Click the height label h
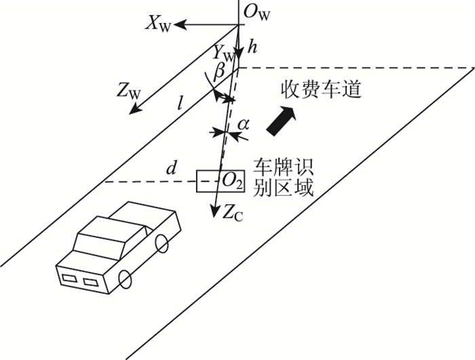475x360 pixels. tap(252, 48)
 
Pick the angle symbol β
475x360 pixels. tap(219, 71)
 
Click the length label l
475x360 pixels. tap(179, 103)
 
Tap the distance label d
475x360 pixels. tap(172, 167)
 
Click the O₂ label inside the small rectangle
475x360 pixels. tap(231, 180)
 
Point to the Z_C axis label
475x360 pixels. tap(233, 212)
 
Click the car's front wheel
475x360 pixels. tap(126, 277)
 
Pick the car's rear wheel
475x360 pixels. tap(161, 242)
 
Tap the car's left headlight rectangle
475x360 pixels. tap(69, 275)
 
